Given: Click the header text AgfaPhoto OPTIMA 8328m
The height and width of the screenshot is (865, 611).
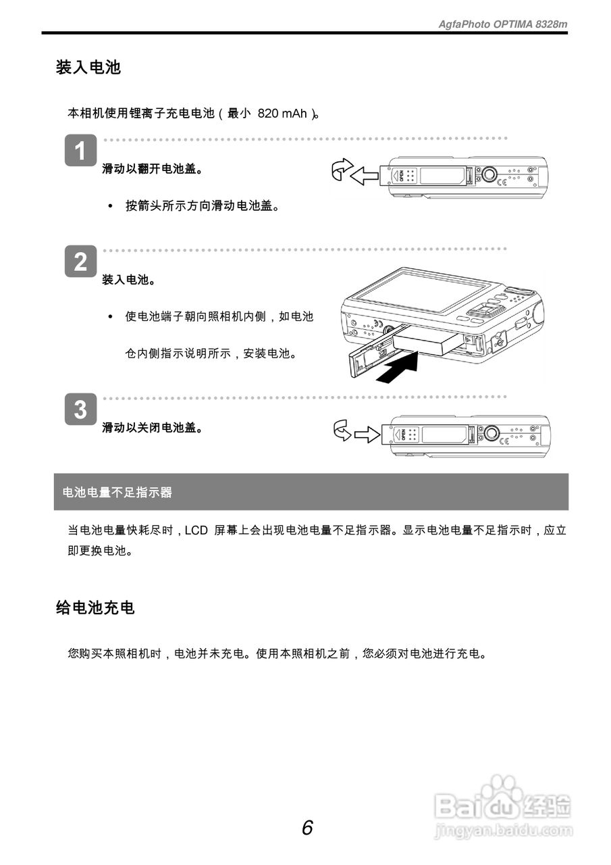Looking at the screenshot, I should pos(503,24).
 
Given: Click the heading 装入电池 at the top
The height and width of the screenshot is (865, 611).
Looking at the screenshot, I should pos(88,68).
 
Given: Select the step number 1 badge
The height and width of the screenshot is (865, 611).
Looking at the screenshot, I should pos(80,151).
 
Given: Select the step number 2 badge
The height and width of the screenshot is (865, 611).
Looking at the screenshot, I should pos(80,262).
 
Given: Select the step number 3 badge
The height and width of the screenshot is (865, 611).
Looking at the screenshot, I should pos(80,410).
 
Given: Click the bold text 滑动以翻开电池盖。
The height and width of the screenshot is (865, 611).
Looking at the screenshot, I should pos(153,169).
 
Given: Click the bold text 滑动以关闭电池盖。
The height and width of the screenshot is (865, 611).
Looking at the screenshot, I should pos(153,428).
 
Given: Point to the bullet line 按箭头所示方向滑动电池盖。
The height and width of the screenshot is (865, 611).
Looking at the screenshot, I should pos(202,205).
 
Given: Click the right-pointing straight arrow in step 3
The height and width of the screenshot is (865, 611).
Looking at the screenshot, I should pos(367,434).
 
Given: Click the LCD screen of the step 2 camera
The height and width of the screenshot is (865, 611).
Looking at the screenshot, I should pos(419,291).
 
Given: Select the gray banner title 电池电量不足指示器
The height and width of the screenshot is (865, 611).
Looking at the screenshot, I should pos(117,493).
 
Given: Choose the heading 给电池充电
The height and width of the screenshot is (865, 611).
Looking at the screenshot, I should pos(95,608).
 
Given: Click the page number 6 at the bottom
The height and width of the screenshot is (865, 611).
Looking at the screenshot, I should pos(307,827).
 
